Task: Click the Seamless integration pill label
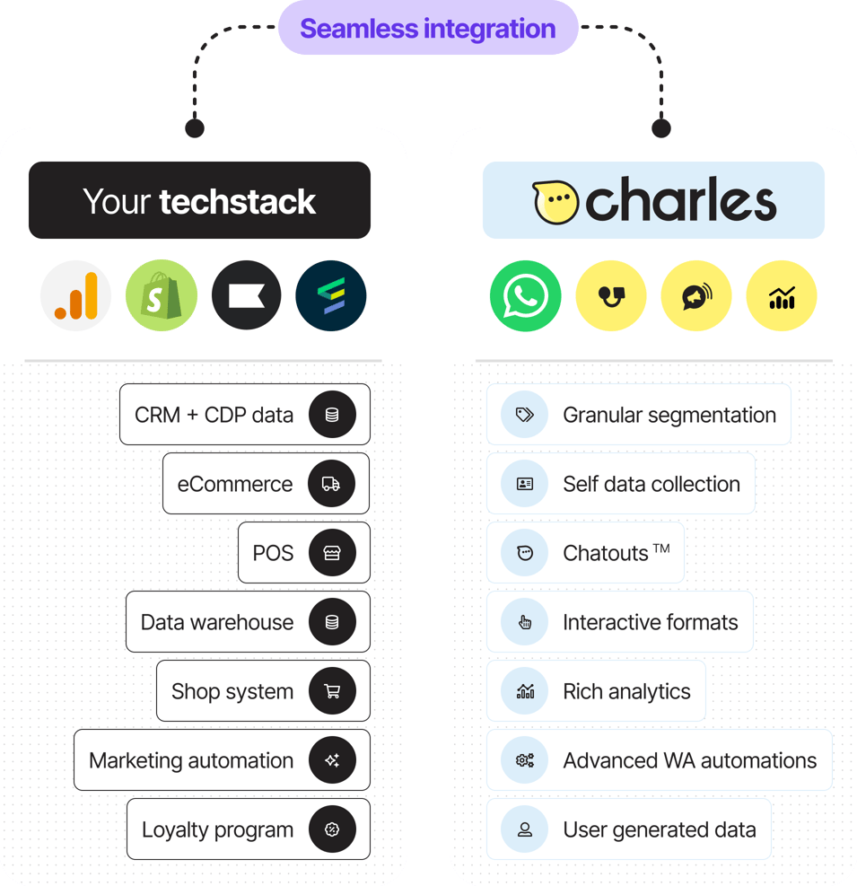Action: (x=428, y=29)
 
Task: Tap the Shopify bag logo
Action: (x=161, y=295)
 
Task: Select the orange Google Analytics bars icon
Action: (x=76, y=295)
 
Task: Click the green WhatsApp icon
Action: (x=526, y=295)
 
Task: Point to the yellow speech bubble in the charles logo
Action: (x=555, y=201)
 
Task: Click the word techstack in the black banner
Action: (x=237, y=201)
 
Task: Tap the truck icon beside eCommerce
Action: (x=332, y=484)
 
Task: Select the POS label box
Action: (x=273, y=553)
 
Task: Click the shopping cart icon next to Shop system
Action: (x=332, y=691)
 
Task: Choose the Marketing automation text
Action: (x=191, y=760)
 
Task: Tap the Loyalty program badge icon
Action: (x=332, y=829)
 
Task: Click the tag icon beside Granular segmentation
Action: (x=525, y=415)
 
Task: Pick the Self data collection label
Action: (x=651, y=484)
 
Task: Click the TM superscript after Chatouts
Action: (x=661, y=548)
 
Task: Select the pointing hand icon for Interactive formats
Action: (x=525, y=622)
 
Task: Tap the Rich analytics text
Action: (x=626, y=691)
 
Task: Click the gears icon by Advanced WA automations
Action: (x=525, y=760)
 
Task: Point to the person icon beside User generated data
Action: (x=525, y=829)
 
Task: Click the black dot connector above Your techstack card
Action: (x=195, y=127)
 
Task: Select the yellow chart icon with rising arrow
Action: (x=782, y=295)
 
